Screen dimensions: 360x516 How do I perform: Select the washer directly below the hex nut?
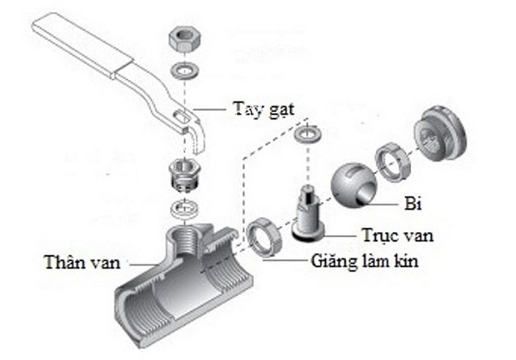coord(182,68)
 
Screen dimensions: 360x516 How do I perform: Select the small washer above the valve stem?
coord(307,136)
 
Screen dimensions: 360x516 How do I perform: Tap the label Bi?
coord(412,204)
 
